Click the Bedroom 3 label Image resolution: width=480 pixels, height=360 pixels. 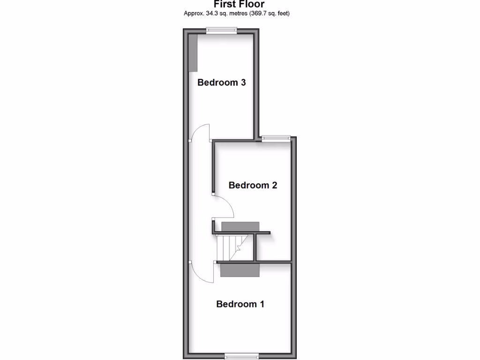[x=222, y=82]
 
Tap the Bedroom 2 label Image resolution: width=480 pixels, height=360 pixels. [x=253, y=185]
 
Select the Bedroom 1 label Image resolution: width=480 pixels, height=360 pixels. [x=240, y=304]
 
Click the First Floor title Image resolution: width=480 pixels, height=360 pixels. [x=240, y=4]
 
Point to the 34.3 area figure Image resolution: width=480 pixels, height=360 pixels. [x=211, y=14]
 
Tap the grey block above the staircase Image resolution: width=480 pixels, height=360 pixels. [x=240, y=227]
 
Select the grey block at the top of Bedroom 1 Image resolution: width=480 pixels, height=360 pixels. [x=240, y=270]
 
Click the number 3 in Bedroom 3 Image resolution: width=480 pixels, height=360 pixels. [x=243, y=82]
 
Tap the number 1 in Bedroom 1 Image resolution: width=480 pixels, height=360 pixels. [x=262, y=304]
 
